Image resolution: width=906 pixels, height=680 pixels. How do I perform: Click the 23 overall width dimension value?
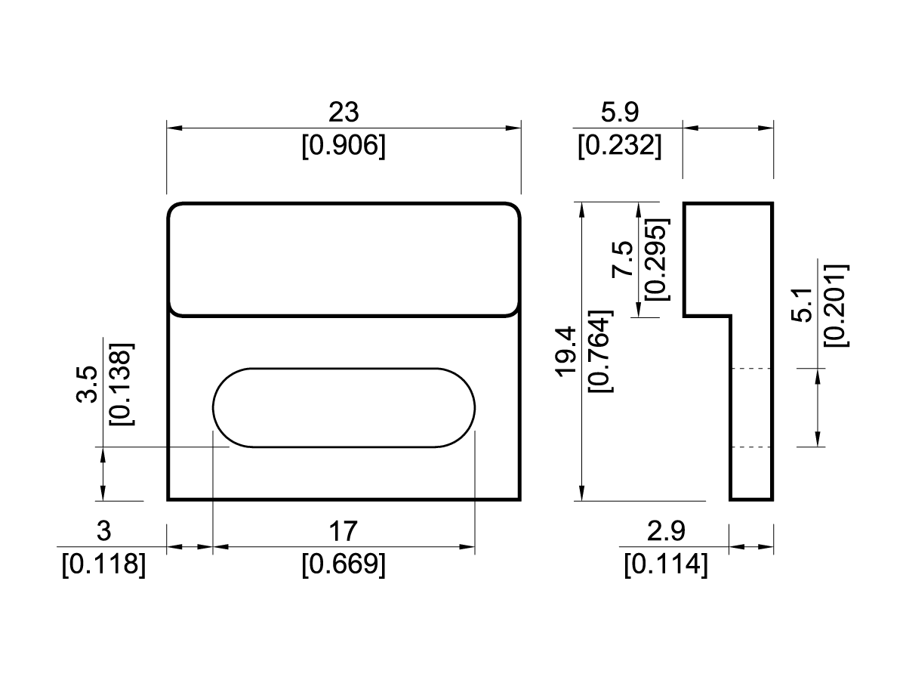pyautogui.click(x=344, y=113)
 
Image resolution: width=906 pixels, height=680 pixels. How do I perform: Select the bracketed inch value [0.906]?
pyautogui.click(x=344, y=145)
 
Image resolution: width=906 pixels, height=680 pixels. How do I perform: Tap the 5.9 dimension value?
pyautogui.click(x=619, y=113)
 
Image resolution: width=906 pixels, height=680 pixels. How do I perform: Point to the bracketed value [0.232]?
pyautogui.click(x=619, y=145)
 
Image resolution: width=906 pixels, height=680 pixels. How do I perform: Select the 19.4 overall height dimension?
pyautogui.click(x=566, y=351)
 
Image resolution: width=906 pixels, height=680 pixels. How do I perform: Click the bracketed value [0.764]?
pyautogui.click(x=600, y=351)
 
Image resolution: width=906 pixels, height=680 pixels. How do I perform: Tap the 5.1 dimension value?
pyautogui.click(x=804, y=304)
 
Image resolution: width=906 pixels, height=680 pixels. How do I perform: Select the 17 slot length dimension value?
pyautogui.click(x=344, y=531)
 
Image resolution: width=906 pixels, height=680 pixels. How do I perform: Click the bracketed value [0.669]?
pyautogui.click(x=344, y=564)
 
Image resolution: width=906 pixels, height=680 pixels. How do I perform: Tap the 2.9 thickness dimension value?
pyautogui.click(x=666, y=531)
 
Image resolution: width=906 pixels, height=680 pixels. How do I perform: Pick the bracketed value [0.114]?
pyautogui.click(x=666, y=564)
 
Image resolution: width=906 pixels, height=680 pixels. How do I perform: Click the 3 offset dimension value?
pyautogui.click(x=104, y=531)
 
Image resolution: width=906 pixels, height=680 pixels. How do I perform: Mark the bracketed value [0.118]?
pyautogui.click(x=104, y=564)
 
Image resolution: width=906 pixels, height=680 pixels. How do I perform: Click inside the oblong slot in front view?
pyautogui.click(x=344, y=407)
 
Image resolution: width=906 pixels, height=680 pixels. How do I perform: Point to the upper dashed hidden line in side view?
pyautogui.click(x=751, y=369)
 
